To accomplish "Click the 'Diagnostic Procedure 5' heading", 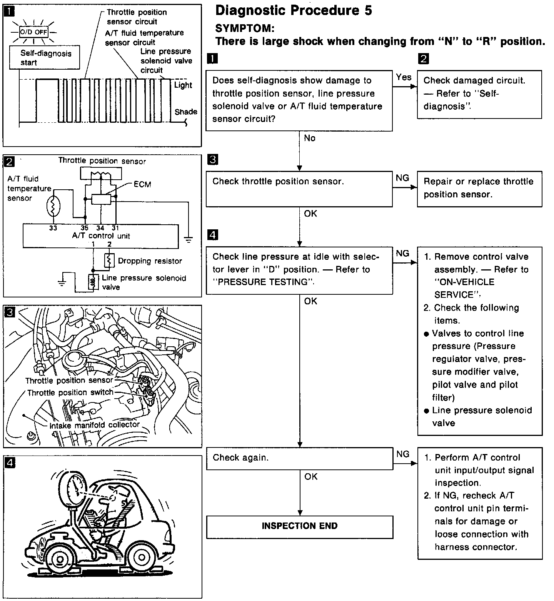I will (x=294, y=11).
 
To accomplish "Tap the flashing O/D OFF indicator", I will (x=34, y=32).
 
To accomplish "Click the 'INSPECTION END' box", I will (x=299, y=526).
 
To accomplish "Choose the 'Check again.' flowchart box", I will (x=299, y=458).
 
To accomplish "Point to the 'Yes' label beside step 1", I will (x=404, y=77).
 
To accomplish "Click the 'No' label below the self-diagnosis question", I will (x=309, y=138).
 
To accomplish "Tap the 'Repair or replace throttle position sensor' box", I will (x=479, y=189).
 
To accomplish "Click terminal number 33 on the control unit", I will (x=53, y=228).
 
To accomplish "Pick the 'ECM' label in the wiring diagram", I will (x=142, y=185).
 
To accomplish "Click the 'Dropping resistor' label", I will (x=150, y=261).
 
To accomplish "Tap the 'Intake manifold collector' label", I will (x=94, y=425).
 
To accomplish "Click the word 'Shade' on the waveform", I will (x=186, y=112).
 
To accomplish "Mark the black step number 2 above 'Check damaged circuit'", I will (x=423, y=59).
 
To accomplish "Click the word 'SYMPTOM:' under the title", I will (x=245, y=28).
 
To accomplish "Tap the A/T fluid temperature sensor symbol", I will (x=52, y=207).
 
